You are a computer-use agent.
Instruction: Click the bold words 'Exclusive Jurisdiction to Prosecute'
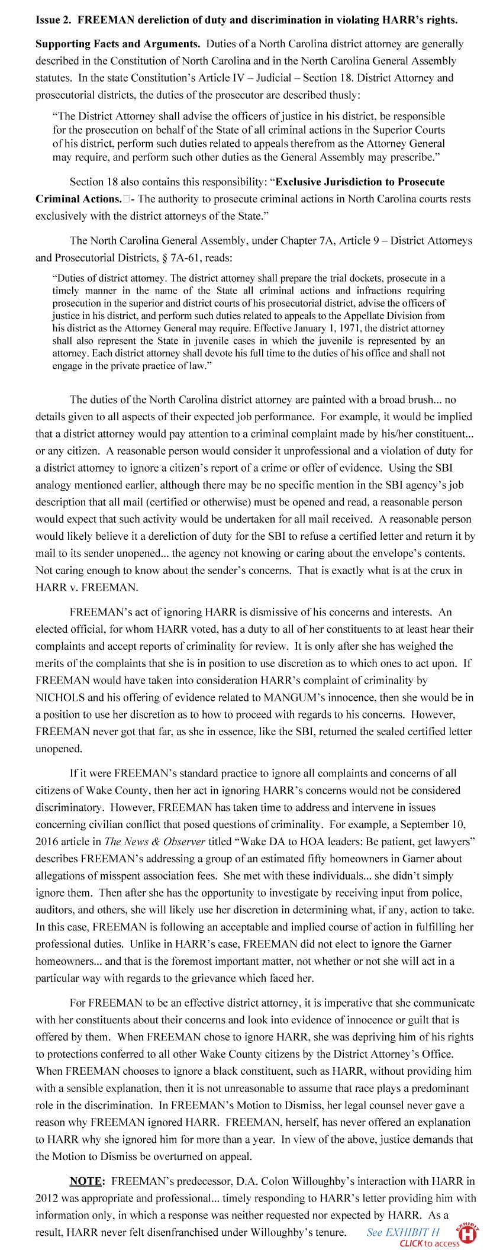[x=360, y=182]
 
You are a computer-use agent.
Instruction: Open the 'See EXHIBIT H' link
[x=402, y=1232]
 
